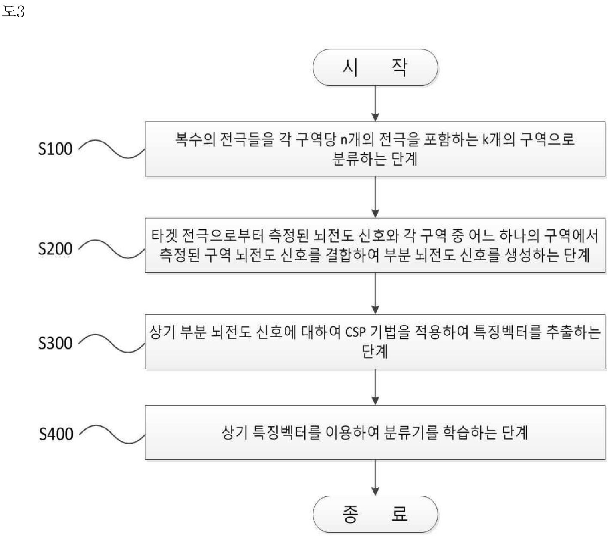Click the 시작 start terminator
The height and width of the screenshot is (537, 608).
[375, 67]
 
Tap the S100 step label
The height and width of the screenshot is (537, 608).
[55, 149]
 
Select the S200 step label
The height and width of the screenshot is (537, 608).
[55, 249]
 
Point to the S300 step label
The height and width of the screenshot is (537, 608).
[55, 343]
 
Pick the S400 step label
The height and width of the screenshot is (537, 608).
[56, 434]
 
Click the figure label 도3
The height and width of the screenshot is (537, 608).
[13, 12]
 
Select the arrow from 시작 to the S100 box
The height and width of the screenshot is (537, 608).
[375, 103]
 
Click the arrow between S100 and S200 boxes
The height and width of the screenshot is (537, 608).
[375, 197]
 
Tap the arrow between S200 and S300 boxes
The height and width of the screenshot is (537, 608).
[375, 294]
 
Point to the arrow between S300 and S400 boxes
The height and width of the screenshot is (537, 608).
[375, 387]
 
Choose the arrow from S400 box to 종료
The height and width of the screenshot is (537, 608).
[375, 477]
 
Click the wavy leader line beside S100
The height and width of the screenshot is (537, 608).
[112, 149]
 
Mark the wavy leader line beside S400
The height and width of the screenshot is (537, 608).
[112, 434]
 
